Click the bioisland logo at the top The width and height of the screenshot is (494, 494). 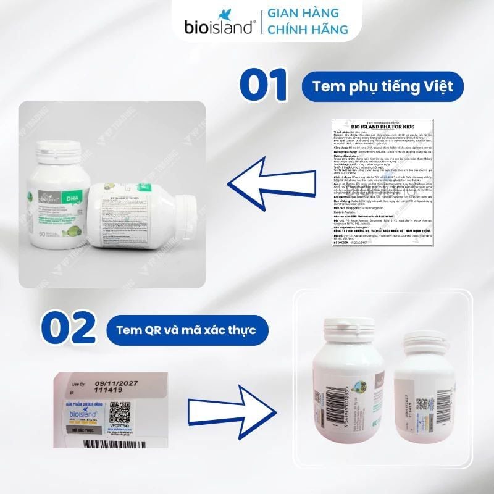(x=219, y=23)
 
